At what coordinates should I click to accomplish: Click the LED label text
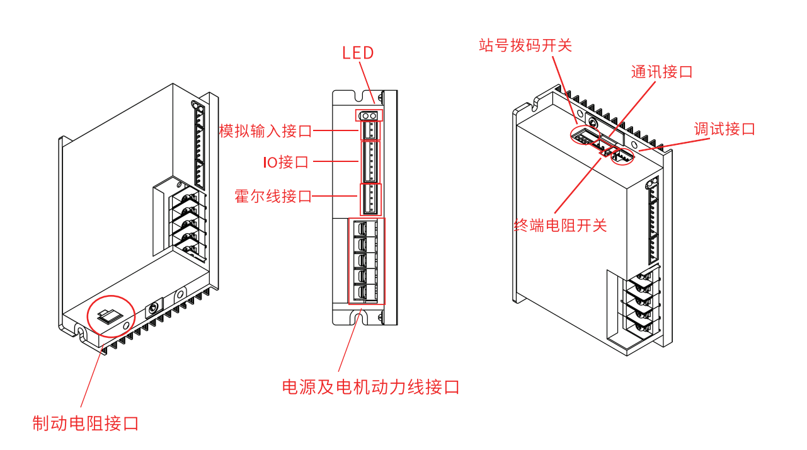tap(358, 53)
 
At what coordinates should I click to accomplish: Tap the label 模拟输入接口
tap(265, 131)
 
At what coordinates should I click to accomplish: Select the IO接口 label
tap(286, 162)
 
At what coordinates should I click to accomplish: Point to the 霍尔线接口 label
tap(273, 196)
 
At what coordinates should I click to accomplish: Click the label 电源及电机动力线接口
tap(370, 386)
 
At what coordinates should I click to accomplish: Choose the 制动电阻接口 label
tap(85, 423)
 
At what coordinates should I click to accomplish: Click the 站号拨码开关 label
tap(525, 45)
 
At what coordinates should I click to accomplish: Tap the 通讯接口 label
tap(661, 72)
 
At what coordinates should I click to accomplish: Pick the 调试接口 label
tap(724, 129)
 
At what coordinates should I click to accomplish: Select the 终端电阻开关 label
tap(560, 225)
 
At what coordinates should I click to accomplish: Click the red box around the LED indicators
tap(369, 116)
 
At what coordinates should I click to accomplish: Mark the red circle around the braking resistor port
tap(111, 313)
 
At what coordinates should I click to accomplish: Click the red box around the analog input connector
tap(370, 130)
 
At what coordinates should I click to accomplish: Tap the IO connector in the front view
tap(370, 162)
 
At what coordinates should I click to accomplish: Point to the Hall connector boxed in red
tap(370, 199)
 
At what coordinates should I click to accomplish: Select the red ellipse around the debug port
tap(622, 156)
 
